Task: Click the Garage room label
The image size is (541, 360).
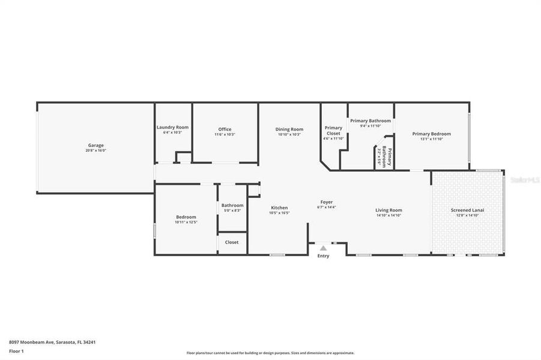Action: coord(95,145)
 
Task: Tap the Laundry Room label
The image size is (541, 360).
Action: coord(172,127)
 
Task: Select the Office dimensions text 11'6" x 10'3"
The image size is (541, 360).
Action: coord(225,134)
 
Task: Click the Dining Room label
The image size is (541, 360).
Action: coord(289,129)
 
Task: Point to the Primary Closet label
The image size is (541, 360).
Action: coord(333,130)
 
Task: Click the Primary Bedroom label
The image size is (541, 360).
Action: coord(431,134)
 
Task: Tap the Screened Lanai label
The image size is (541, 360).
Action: coord(467,210)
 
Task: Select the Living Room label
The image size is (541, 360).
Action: coord(388,210)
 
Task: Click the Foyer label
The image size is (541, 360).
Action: coord(326,202)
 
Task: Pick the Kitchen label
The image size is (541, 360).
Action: coord(279,208)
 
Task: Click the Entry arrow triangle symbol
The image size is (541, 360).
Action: coord(323,248)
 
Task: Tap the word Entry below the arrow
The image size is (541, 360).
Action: coord(323,256)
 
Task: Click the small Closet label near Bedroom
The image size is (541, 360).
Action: coord(232,242)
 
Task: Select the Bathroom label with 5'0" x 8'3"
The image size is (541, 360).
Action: coord(232,205)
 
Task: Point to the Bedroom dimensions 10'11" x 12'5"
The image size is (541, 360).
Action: coord(186,222)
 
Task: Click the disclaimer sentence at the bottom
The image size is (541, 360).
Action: coord(270,353)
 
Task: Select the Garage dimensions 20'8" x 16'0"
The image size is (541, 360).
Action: coord(95,151)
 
